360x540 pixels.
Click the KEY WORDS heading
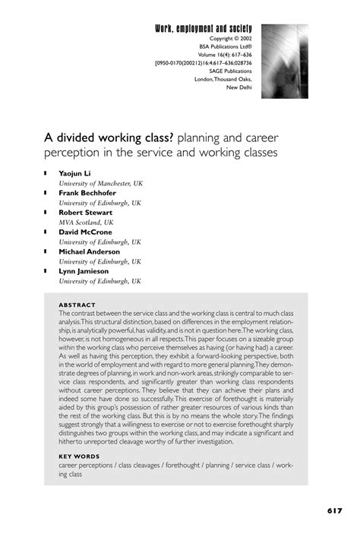point(79,458)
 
